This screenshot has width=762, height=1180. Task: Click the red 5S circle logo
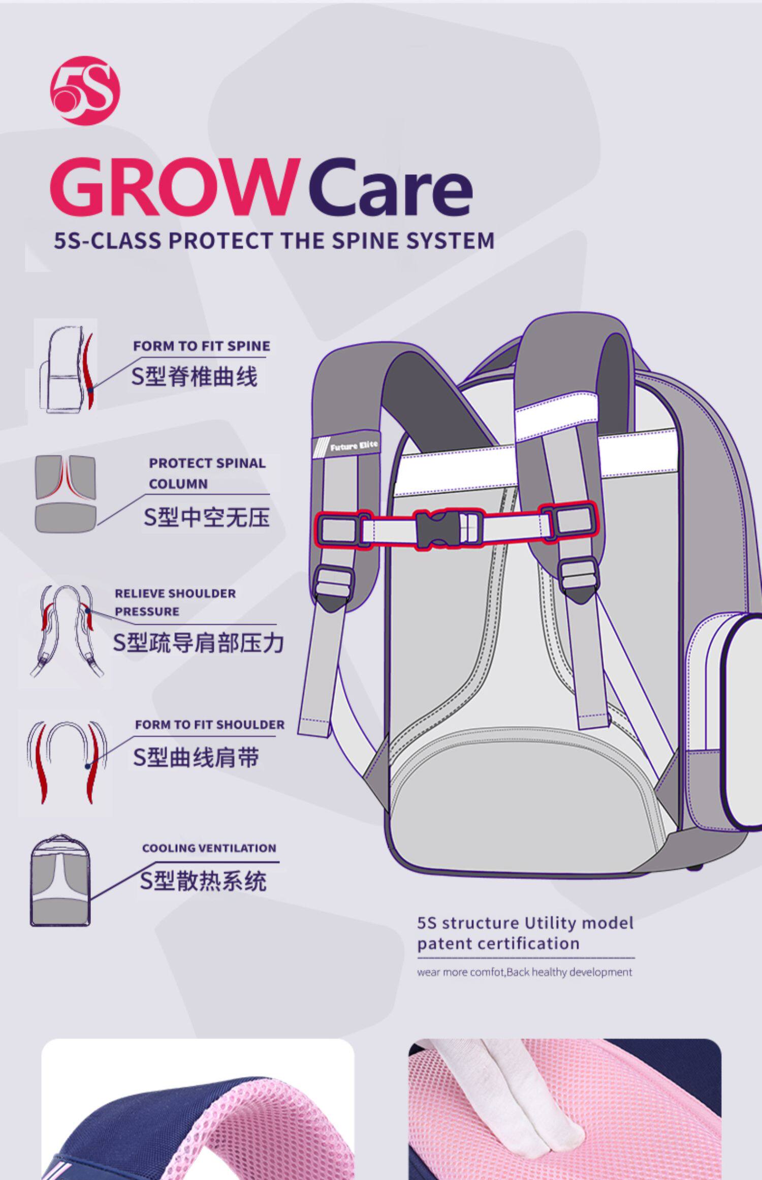tap(85, 90)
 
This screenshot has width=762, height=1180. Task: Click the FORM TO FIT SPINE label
tap(201, 346)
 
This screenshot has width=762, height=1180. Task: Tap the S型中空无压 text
tap(206, 517)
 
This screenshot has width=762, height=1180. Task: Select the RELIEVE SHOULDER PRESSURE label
tap(175, 602)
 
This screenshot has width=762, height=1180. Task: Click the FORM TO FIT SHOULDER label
tap(209, 725)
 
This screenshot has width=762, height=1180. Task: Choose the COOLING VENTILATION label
tap(209, 848)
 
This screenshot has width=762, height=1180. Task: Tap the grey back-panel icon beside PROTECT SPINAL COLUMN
tap(66, 493)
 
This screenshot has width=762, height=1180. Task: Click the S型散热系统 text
tap(203, 881)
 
